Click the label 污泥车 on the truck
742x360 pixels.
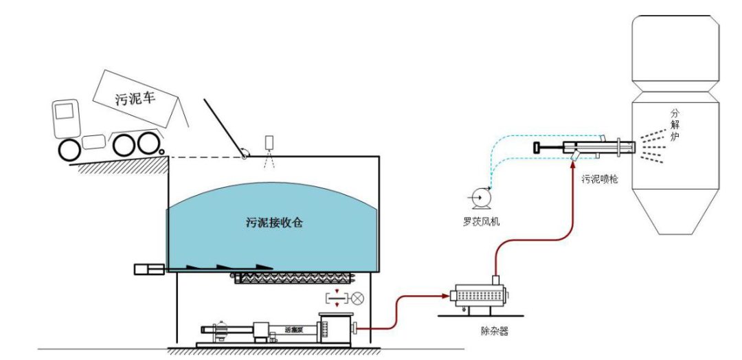point(135,97)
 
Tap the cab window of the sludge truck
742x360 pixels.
point(65,111)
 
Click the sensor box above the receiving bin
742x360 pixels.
point(269,142)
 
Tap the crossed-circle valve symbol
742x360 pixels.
point(357,298)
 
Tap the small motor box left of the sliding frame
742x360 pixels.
point(148,269)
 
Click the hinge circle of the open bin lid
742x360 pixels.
point(243,157)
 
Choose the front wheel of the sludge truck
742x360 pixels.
point(69,151)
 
